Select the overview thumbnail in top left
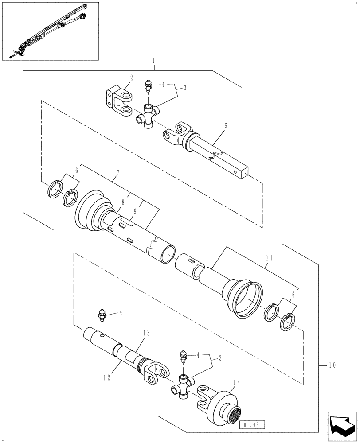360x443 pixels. [x=50, y=31]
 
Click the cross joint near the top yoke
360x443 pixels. [x=147, y=117]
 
